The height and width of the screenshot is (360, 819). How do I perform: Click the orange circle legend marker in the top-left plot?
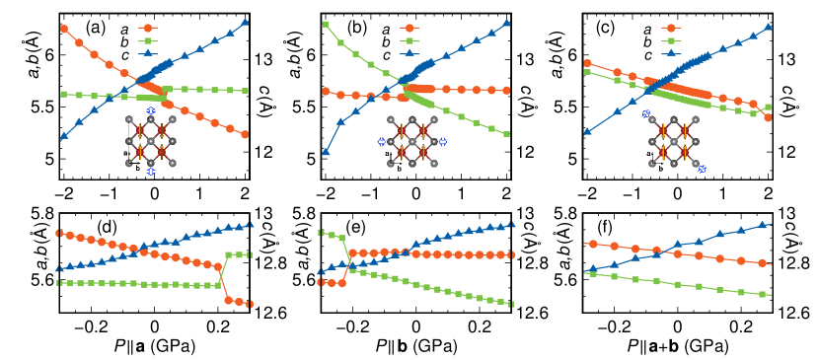click(147, 29)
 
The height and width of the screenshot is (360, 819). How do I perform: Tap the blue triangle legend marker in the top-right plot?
click(671, 53)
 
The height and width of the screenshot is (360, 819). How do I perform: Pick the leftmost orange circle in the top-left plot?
click(64, 29)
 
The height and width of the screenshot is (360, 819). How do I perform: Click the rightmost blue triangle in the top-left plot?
click(245, 22)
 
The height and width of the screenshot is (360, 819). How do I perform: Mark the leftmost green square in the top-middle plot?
click(325, 24)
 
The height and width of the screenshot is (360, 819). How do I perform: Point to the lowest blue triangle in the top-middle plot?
click(326, 151)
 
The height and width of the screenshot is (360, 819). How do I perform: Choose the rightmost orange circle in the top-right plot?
click(768, 117)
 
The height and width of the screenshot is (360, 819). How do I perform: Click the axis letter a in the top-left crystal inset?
click(125, 153)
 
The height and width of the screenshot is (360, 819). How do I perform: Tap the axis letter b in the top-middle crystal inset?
click(399, 168)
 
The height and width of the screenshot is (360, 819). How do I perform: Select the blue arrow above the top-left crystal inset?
click(150, 110)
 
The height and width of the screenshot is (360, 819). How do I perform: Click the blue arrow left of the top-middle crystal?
click(382, 141)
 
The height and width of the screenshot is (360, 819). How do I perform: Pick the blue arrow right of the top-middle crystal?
click(442, 141)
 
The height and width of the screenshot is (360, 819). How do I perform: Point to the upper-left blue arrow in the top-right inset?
click(646, 114)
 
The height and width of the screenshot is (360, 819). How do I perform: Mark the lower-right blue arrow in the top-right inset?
click(702, 169)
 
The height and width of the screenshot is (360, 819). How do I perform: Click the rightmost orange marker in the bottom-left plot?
click(249, 304)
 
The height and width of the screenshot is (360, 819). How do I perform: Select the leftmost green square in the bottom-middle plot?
click(321, 233)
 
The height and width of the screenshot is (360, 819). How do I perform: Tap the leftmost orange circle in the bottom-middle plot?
click(322, 282)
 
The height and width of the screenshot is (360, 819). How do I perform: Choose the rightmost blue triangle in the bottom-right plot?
click(763, 225)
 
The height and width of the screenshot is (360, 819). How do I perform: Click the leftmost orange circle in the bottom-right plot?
click(592, 244)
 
